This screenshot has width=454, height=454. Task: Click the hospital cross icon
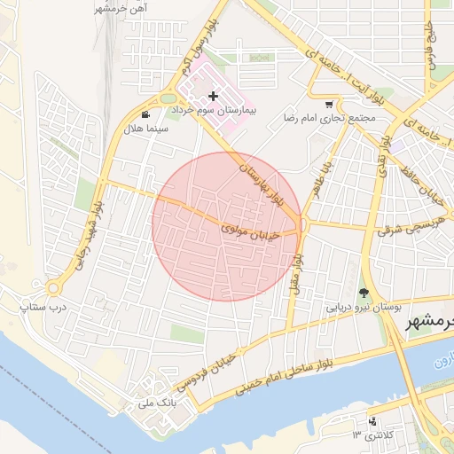tap(213, 95)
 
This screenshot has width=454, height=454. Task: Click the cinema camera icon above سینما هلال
tap(145, 114)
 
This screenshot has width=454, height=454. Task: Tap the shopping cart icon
tap(330, 103)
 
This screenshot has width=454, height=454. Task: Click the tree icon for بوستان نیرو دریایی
tap(364, 293)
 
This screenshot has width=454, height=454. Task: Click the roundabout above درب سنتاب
tap(53, 287)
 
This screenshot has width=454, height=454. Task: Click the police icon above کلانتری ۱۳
tap(372, 420)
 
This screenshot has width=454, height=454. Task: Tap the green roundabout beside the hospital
tap(167, 97)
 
